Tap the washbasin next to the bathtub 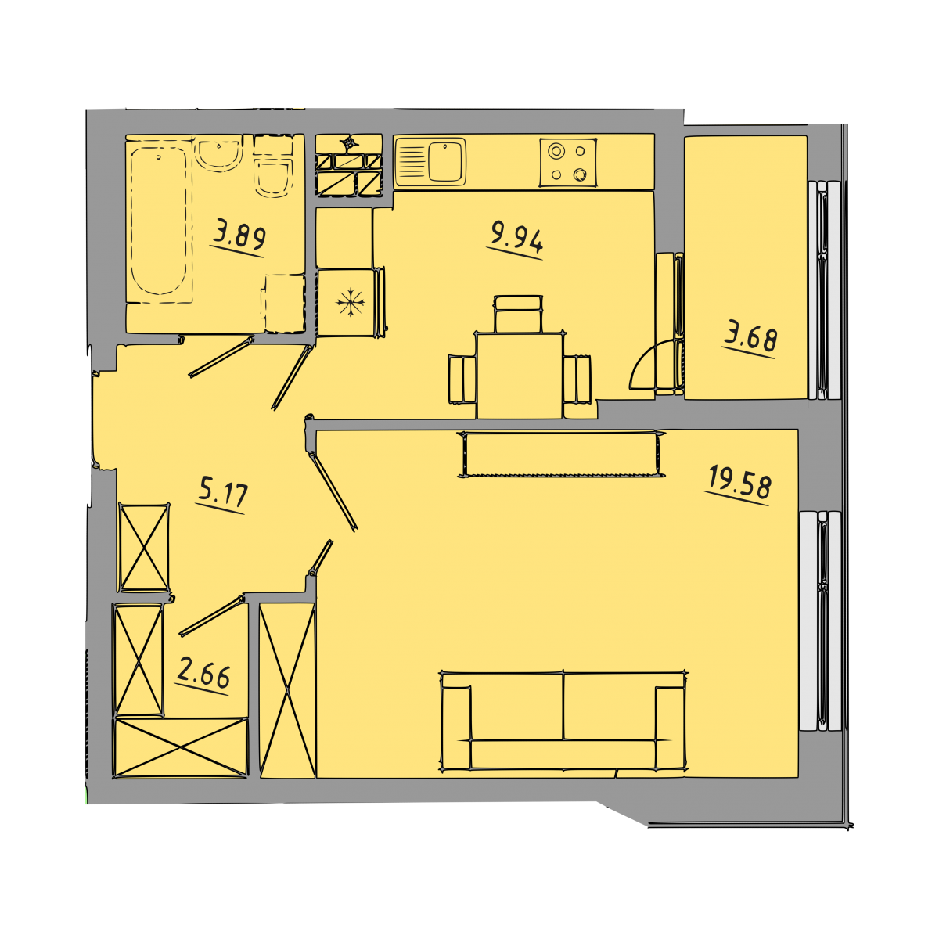[218, 153]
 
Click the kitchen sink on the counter [430, 162]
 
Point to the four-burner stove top [568, 163]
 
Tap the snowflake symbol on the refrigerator [351, 303]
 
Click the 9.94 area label [516, 239]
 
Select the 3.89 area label [239, 238]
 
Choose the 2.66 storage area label [203, 675]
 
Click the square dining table [520, 376]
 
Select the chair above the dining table [517, 314]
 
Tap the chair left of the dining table [462, 380]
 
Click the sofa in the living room [563, 721]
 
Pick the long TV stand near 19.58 [562, 454]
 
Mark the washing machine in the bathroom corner [285, 304]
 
